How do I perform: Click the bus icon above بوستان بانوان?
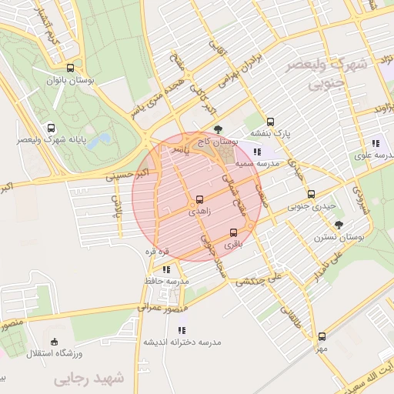point(71,68)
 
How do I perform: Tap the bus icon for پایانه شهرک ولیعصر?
point(51,129)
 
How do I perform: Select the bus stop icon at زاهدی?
point(200,199)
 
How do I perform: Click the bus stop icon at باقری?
point(233,232)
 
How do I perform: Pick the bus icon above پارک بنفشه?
point(270,122)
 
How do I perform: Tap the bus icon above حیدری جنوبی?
point(311,195)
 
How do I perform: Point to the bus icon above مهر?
point(322,336)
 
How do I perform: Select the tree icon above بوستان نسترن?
point(339,225)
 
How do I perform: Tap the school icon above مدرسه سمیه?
point(256,152)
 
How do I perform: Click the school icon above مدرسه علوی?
point(375,143)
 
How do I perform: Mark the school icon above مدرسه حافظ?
point(165,269)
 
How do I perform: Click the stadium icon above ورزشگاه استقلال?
point(53,341)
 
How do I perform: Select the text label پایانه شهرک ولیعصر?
point(51,141)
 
